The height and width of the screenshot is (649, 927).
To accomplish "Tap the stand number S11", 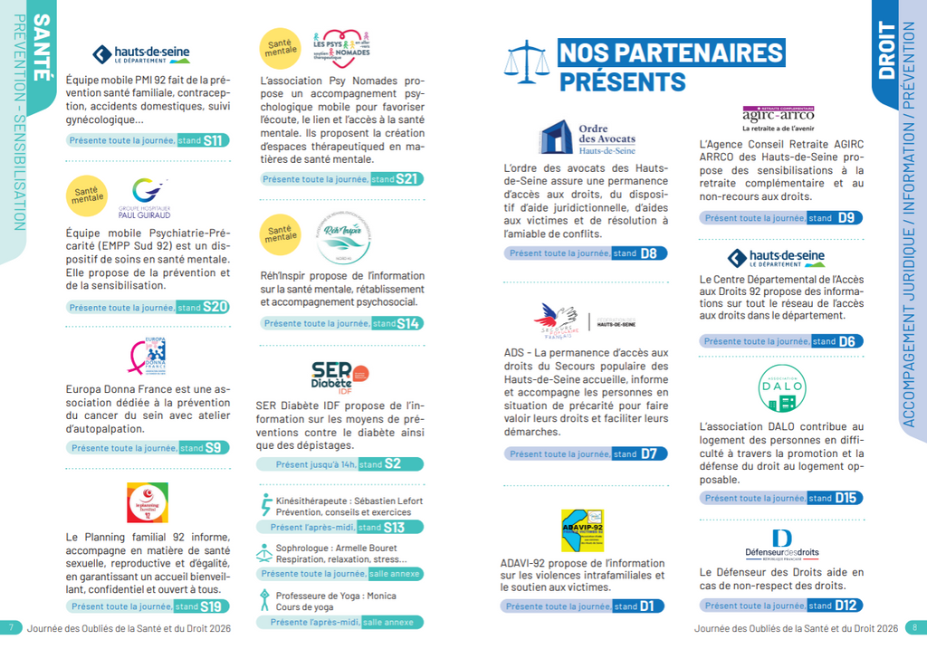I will pyautogui.click(x=214, y=140).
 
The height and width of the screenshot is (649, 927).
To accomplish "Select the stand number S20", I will pyautogui.click(x=215, y=307).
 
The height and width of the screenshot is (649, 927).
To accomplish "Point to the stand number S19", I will pyautogui.click(x=211, y=606).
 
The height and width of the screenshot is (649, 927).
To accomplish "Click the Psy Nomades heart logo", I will pyautogui.click(x=340, y=49).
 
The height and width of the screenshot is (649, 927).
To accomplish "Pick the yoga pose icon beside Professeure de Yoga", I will pyautogui.click(x=264, y=598).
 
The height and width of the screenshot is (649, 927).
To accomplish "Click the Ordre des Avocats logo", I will pyautogui.click(x=588, y=138).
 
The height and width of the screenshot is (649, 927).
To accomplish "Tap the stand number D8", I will pyautogui.click(x=649, y=253).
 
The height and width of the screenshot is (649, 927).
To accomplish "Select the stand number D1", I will pyautogui.click(x=647, y=606).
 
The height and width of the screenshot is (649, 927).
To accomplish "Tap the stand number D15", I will pyautogui.click(x=846, y=498).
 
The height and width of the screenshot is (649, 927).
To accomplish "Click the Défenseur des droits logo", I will pyautogui.click(x=781, y=544).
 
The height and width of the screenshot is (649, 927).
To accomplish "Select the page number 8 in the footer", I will pyautogui.click(x=914, y=627).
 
